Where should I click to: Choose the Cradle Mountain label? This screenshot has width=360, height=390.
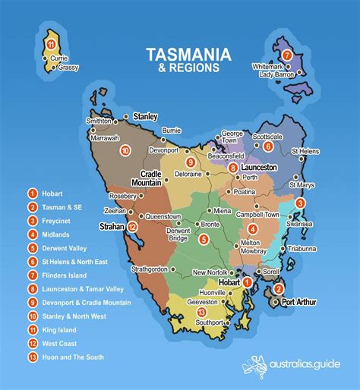click(149, 178)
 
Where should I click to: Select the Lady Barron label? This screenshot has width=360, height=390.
click(275, 74)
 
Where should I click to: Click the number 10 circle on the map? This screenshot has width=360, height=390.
click(125, 151)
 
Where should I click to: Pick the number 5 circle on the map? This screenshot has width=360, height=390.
click(204, 240)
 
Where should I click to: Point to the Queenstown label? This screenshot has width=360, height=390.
click(163, 216)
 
